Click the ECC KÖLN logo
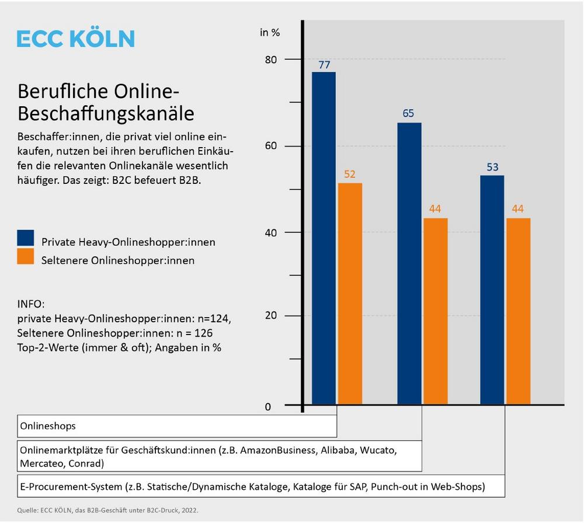(x=76, y=39)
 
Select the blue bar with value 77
(x=324, y=238)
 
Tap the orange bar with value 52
(x=350, y=294)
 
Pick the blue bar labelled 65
(x=409, y=263)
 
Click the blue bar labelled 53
(x=492, y=290)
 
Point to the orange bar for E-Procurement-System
(x=518, y=311)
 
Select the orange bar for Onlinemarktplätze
(x=435, y=311)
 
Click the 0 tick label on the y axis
(x=268, y=407)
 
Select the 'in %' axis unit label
(x=270, y=32)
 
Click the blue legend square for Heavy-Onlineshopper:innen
(x=26, y=238)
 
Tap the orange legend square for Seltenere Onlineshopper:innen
(x=26, y=256)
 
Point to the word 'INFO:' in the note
(x=31, y=305)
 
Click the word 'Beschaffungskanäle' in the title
(x=106, y=113)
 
